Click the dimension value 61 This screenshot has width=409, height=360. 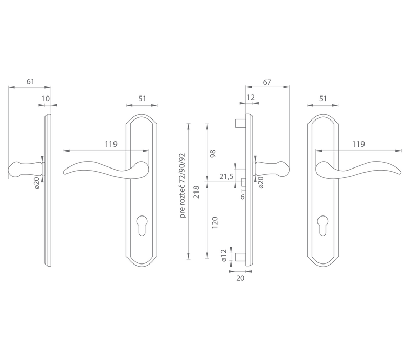coord(30,82)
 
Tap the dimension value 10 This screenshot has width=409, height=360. coord(46,99)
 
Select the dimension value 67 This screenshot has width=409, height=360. coord(267,82)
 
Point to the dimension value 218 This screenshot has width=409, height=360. coord(196,192)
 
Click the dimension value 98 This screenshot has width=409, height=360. coord(213,153)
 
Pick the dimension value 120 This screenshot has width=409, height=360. coord(214,223)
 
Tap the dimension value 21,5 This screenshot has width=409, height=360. coord(226,177)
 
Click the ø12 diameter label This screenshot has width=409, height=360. coord(224,255)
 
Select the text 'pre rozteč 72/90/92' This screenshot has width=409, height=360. coord(183,186)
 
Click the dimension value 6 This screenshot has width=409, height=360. coord(242,197)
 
